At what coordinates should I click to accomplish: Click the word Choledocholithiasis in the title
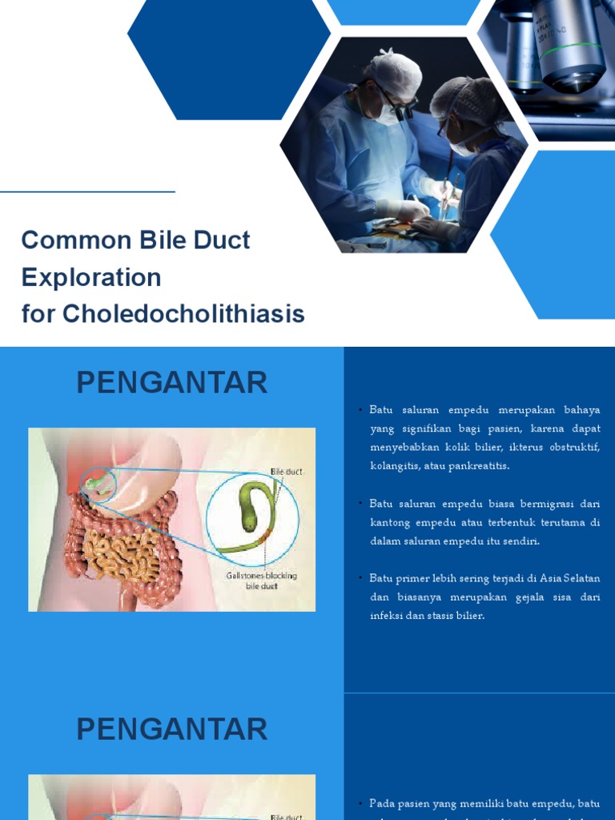(x=183, y=314)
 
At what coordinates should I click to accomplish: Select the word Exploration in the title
(x=91, y=277)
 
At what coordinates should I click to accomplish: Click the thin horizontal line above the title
(x=87, y=192)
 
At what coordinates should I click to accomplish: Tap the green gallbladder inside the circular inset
(x=250, y=504)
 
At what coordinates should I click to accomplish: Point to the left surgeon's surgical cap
(x=395, y=72)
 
